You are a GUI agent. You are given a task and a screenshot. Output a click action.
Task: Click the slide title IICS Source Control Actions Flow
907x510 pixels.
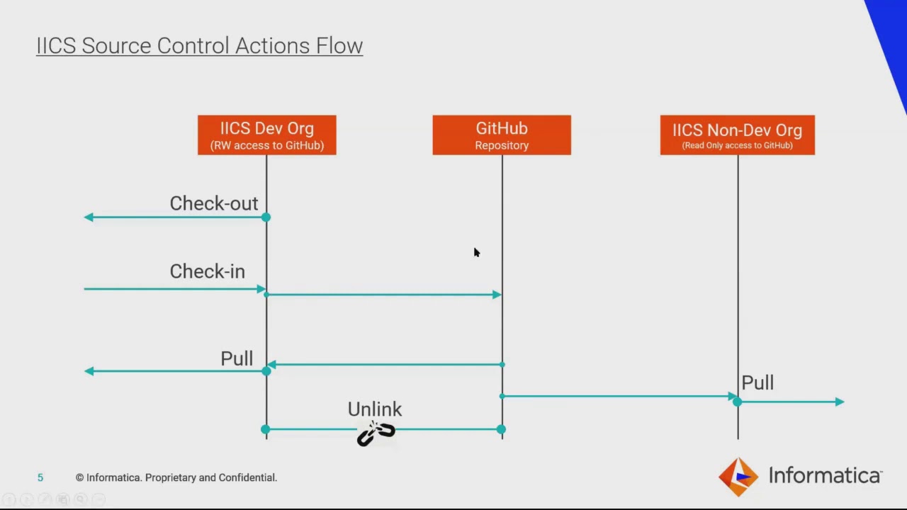199,45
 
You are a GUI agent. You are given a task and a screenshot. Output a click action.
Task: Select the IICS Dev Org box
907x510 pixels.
266,135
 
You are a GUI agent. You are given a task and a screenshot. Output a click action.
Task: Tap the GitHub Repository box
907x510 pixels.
502,135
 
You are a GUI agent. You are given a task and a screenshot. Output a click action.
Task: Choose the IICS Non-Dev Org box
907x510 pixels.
737,135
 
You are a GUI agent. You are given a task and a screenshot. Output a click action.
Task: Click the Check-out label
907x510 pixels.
213,203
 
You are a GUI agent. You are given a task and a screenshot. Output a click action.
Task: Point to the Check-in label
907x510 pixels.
207,271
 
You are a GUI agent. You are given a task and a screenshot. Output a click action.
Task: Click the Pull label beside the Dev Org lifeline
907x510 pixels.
236,358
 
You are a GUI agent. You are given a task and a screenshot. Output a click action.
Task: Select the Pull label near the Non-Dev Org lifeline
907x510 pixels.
757,383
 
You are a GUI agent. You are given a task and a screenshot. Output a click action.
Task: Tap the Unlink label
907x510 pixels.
374,409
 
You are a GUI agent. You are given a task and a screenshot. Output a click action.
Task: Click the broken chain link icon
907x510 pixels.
376,433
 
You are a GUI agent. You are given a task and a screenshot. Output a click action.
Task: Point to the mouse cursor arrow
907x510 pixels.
476,252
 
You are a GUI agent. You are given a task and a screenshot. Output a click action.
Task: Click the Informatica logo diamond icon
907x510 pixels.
738,476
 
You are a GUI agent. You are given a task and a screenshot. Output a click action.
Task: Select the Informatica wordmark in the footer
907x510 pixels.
825,476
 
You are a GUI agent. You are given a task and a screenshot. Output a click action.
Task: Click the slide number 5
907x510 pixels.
40,478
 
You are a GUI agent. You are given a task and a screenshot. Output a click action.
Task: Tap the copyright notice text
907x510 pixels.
176,478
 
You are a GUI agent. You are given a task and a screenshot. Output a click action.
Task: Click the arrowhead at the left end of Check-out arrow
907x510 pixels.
89,217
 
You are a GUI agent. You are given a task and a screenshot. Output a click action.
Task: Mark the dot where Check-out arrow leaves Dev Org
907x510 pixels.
266,217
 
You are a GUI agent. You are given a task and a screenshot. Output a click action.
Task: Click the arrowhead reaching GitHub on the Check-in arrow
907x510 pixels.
497,295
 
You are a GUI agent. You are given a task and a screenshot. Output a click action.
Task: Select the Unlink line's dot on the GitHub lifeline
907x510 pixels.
501,429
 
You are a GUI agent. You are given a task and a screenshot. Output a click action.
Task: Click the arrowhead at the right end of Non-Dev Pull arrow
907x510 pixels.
839,402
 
